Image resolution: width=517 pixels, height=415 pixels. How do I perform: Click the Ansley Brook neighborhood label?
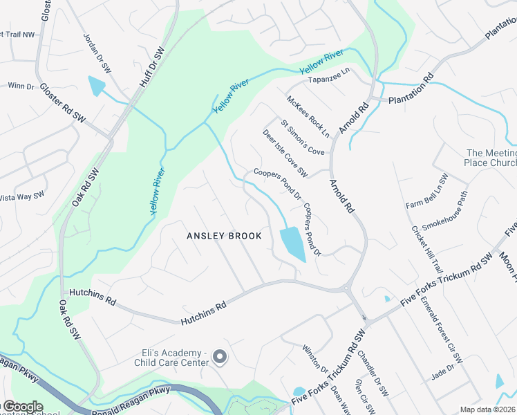(x=225, y=236)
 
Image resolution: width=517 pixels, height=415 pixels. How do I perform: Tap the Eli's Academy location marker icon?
(x=220, y=357)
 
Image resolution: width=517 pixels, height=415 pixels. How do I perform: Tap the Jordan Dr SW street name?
(x=97, y=53)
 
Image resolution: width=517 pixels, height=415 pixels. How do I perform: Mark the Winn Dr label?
(x=21, y=86)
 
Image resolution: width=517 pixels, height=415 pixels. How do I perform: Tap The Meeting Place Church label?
(x=491, y=158)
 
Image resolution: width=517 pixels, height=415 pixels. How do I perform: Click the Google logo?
(x=22, y=407)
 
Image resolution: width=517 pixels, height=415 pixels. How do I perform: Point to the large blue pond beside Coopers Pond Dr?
(x=292, y=243)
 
